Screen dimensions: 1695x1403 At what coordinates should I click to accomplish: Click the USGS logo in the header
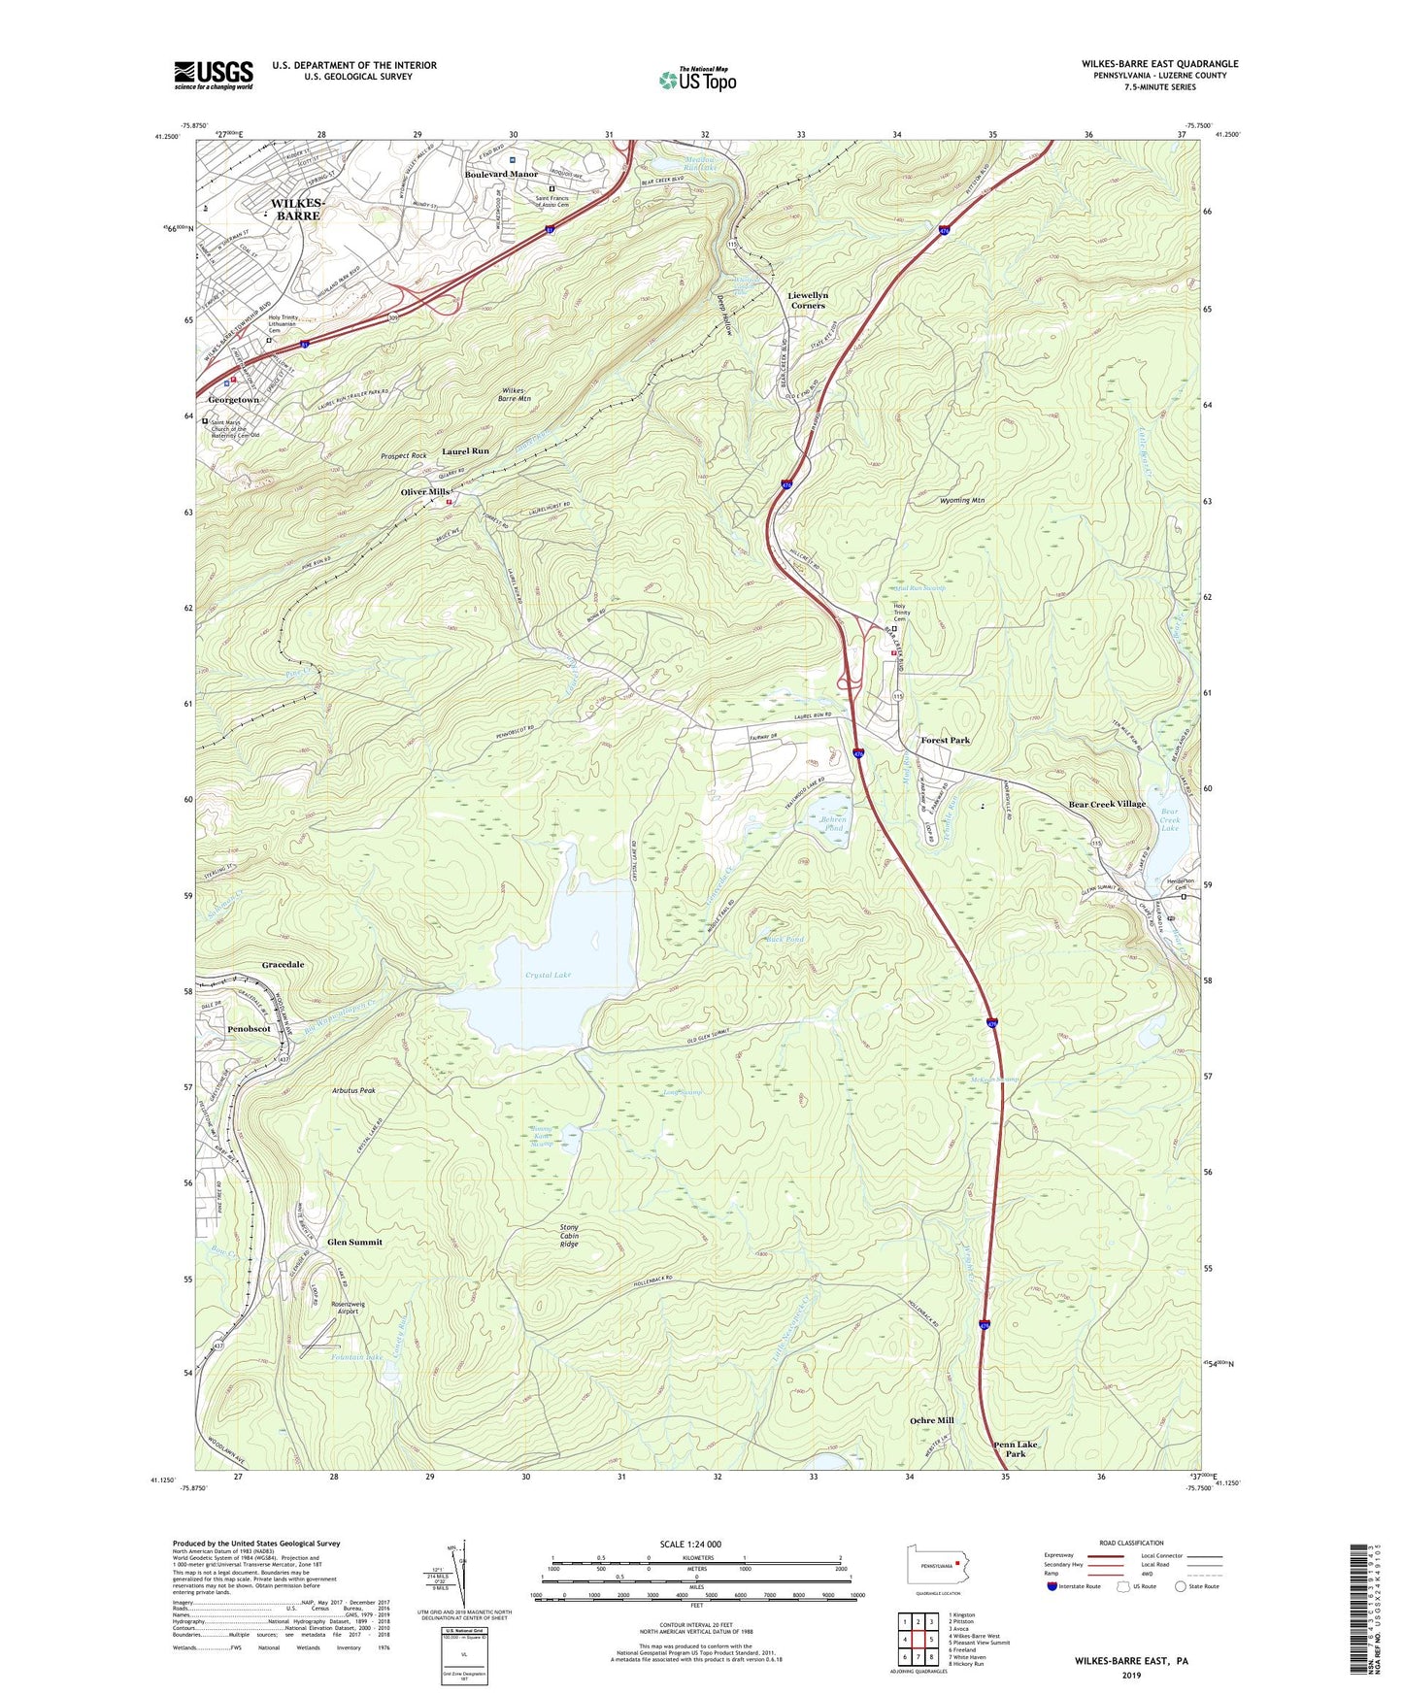[214, 75]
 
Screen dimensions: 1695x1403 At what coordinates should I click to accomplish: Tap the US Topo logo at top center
[697, 80]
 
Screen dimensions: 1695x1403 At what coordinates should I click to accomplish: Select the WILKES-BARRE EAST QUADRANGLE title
[1159, 64]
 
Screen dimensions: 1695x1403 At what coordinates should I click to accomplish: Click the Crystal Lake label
[548, 975]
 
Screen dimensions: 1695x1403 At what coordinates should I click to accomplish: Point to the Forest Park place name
[945, 741]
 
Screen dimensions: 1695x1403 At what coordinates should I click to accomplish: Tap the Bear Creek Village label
[1107, 804]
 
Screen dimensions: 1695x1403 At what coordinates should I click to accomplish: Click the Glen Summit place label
[354, 1242]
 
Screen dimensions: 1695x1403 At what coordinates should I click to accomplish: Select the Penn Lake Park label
[1016, 1449]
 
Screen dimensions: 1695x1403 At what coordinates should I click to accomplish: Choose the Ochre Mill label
[931, 1420]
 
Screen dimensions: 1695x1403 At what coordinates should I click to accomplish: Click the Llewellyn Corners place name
[807, 300]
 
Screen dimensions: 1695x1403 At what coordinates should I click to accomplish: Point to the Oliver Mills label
[425, 492]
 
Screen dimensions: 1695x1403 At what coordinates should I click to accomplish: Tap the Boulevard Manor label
[501, 175]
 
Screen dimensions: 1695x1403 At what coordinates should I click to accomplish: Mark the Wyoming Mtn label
[962, 501]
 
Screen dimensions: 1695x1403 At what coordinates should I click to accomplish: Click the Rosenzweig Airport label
[345, 1307]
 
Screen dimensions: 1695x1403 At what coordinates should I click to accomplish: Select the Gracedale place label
[283, 965]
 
